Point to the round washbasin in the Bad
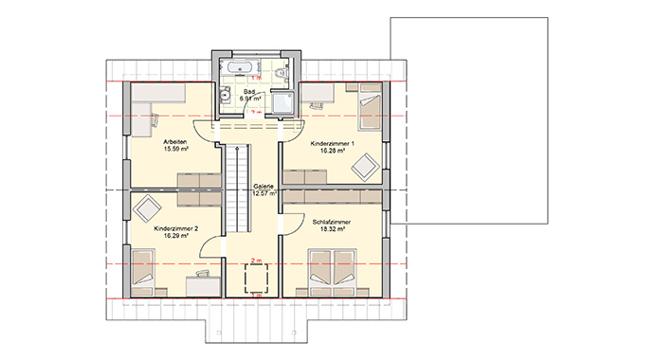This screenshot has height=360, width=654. tap(226, 94)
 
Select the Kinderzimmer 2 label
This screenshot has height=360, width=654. tap(174, 229)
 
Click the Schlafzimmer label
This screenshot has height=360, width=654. tap(332, 222)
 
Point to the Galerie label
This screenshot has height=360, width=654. tap(263, 187)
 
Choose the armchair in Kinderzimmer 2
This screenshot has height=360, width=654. tap(147, 207)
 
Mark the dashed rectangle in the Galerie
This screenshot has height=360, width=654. tap(256, 279)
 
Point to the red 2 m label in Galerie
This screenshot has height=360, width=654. tap(255, 258)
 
